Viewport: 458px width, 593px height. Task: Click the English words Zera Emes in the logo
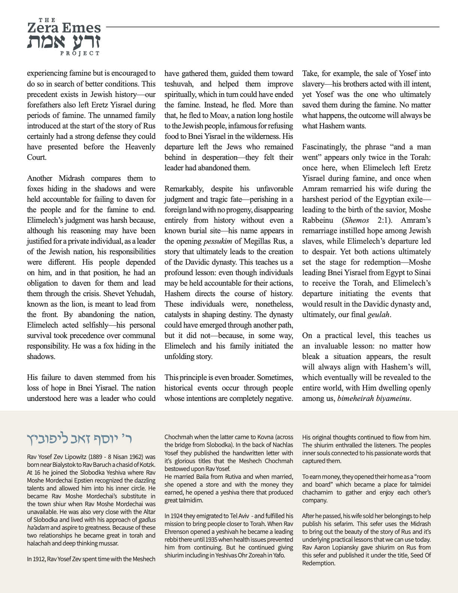point(64,28)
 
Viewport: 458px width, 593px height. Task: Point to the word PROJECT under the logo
point(80,54)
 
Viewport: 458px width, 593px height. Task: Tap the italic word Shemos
point(357,220)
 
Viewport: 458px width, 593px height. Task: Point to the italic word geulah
point(378,314)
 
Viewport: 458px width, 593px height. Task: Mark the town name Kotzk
point(146,465)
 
